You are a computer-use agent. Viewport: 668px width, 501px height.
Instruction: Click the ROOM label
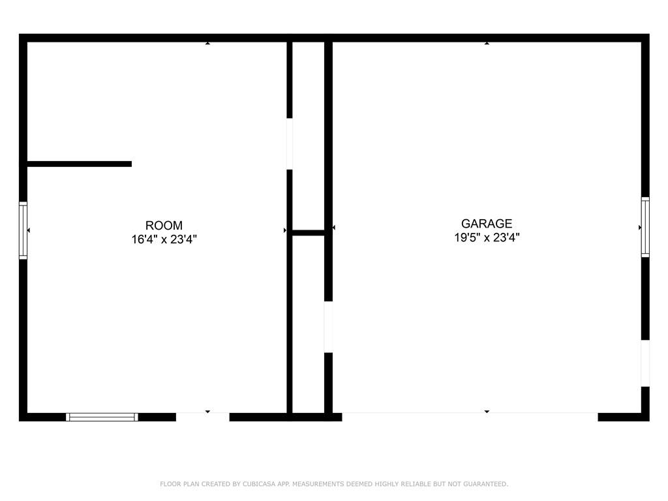tap(164, 225)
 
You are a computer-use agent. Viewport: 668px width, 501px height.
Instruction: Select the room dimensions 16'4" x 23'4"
tap(164, 239)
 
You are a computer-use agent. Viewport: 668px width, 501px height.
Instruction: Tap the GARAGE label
tap(487, 224)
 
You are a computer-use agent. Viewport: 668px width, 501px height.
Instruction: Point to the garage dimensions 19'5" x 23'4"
tap(487, 237)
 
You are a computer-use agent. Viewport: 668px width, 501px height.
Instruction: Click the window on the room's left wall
tap(23, 230)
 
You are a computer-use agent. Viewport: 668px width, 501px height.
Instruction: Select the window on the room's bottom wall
tap(102, 417)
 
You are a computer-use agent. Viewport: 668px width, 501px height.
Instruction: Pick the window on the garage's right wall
tap(645, 227)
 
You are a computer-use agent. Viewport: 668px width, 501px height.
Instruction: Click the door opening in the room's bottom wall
tap(203, 417)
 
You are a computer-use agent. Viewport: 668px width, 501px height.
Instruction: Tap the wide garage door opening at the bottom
tap(470, 417)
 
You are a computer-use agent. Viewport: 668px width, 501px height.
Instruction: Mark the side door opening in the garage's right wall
tap(645, 363)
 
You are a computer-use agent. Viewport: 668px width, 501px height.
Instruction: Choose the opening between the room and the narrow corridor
tap(290, 144)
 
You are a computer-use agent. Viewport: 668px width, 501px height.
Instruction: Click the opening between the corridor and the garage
tap(329, 327)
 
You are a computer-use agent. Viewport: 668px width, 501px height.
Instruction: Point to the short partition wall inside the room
tap(80, 164)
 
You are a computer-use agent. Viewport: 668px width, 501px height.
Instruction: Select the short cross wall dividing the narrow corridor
tap(309, 233)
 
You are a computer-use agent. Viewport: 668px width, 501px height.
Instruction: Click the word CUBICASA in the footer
tap(259, 484)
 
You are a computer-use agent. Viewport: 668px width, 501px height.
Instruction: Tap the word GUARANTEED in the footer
tap(485, 484)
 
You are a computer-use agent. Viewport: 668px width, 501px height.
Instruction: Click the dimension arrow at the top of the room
tap(207, 43)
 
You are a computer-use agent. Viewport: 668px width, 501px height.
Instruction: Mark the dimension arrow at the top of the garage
tap(487, 43)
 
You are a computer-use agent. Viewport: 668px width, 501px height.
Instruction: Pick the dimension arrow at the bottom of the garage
tap(487, 412)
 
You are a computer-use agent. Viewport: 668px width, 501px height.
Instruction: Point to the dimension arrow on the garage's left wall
tap(334, 228)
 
